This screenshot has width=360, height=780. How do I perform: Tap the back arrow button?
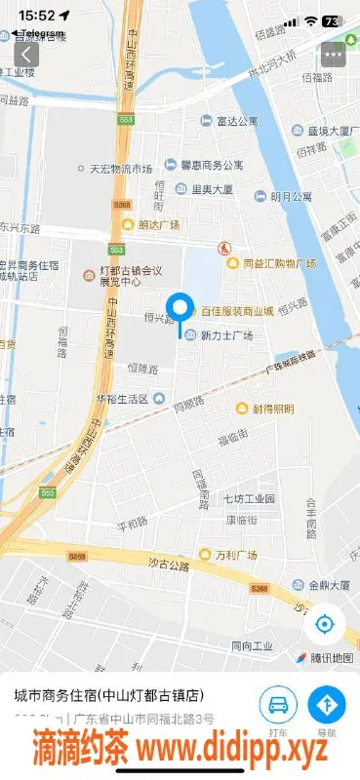(x=26, y=55)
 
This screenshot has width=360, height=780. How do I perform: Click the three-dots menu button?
(x=334, y=55)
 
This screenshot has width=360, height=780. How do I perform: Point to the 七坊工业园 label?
(x=249, y=499)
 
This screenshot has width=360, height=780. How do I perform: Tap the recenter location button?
(x=325, y=624)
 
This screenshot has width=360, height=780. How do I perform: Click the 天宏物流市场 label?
(x=120, y=168)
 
